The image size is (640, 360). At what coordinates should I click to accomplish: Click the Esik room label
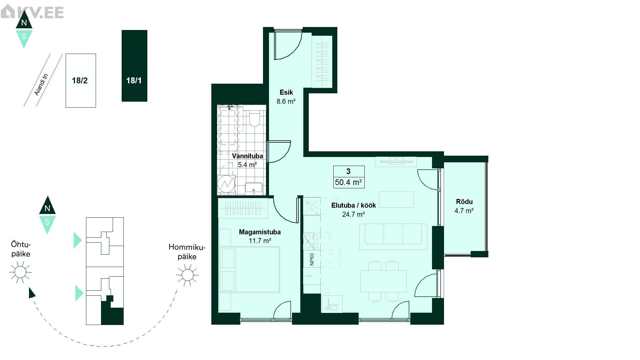286,92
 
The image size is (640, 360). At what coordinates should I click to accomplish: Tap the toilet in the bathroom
255,118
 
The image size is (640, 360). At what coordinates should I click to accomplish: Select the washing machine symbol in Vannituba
226,184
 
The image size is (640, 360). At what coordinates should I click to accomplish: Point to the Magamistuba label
260,232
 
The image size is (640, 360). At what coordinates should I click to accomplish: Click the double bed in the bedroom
250,269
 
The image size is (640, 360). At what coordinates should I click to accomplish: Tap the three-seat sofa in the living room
393,237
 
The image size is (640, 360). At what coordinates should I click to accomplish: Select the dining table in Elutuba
383,281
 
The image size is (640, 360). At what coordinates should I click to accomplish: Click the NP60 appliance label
312,259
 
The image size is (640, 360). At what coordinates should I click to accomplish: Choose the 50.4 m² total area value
349,182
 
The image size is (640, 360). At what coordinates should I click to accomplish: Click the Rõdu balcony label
464,202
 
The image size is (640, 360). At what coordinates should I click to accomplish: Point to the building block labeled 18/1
134,66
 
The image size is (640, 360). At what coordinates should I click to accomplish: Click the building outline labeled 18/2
81,81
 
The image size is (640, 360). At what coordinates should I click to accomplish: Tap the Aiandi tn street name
41,85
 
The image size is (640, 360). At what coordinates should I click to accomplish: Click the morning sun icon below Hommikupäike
187,275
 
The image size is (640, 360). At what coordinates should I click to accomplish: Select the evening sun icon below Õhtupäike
20,272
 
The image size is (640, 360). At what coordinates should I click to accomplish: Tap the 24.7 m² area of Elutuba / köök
353,214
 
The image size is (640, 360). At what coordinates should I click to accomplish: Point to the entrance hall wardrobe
322,62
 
